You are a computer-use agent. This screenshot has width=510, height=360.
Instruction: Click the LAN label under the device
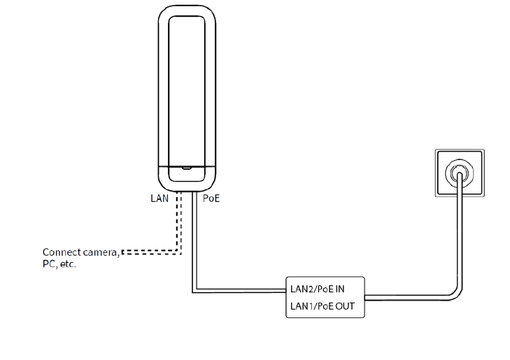(x=160, y=199)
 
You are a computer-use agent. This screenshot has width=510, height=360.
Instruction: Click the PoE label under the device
(x=211, y=199)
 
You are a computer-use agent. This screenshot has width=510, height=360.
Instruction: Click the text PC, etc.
(x=59, y=266)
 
